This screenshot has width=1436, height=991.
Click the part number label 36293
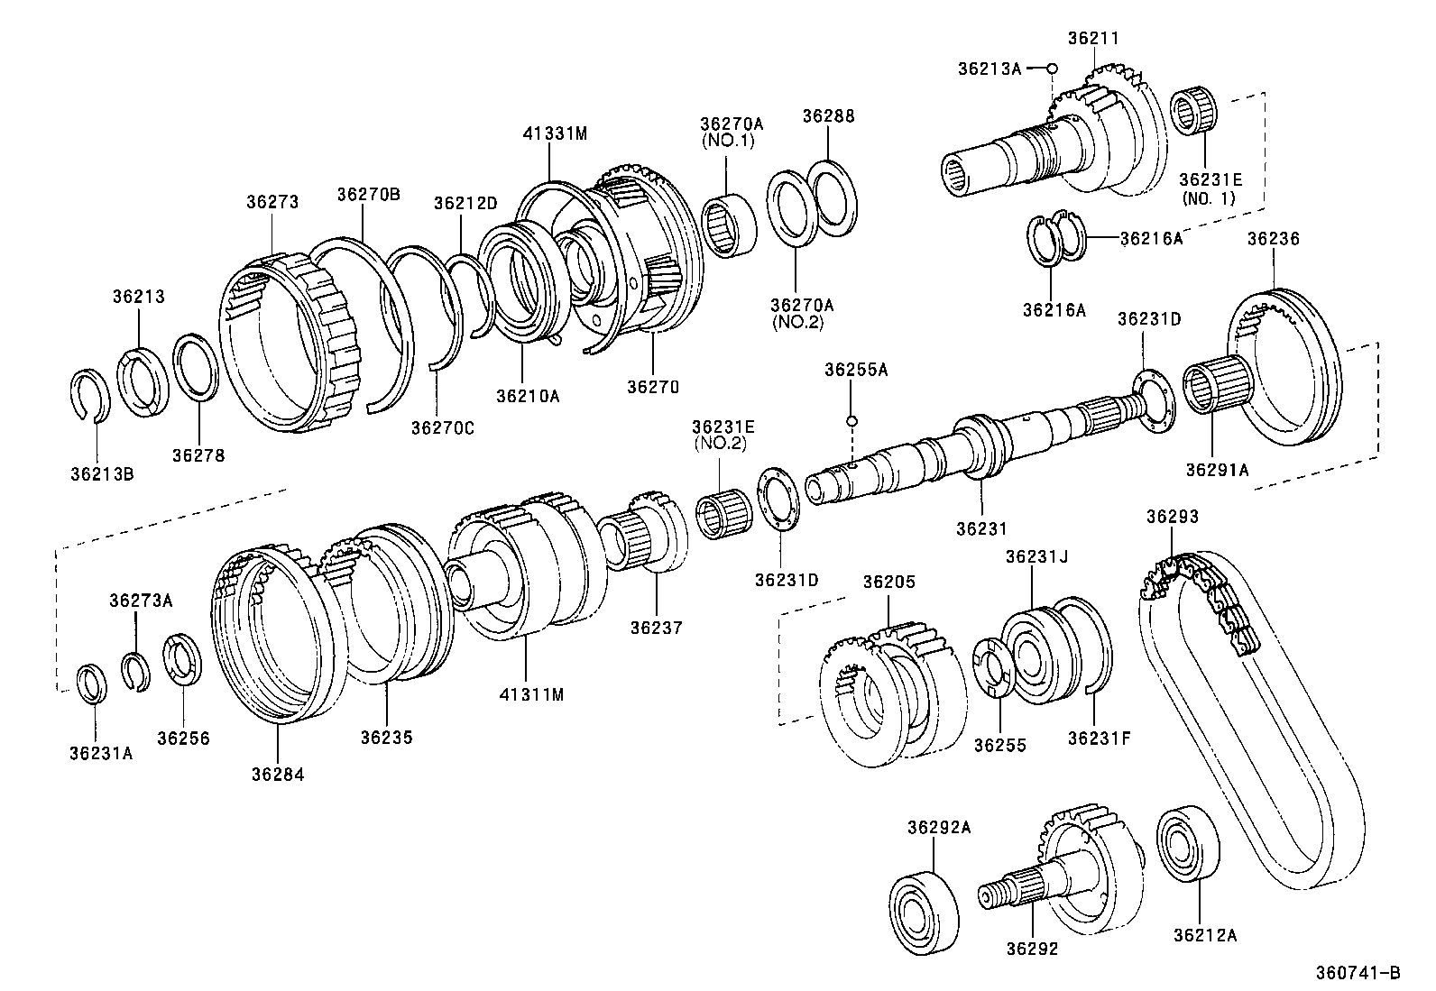point(1172,517)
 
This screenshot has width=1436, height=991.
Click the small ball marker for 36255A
point(851,421)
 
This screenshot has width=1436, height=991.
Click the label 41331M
point(554,133)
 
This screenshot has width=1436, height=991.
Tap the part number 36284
point(278,774)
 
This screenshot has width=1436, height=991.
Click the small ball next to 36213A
point(1052,69)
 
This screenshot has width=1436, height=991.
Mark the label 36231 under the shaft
point(980,529)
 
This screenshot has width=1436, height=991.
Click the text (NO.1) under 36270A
point(727,141)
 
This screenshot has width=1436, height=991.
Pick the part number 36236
point(1273,238)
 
